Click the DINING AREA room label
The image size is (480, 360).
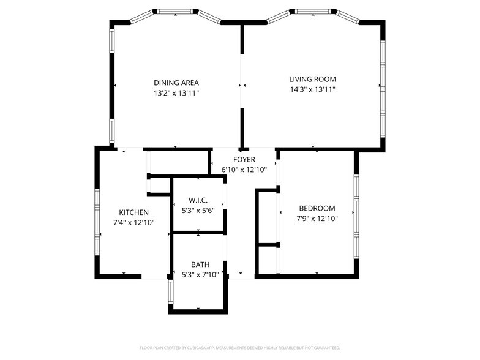tap(176, 83)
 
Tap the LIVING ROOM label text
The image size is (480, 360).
tap(312, 79)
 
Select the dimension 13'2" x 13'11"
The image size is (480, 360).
tap(176, 93)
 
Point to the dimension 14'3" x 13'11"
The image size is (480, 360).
tap(312, 89)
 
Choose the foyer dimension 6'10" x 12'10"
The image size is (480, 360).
tap(244, 170)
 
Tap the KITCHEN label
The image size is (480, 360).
tap(133, 212)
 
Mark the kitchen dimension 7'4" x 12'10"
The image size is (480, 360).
tap(133, 223)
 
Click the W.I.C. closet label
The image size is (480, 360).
tap(198, 200)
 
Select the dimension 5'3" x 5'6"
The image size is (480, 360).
tap(198, 211)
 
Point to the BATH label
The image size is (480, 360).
tap(200, 264)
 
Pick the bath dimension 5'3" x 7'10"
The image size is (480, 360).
tap(200, 275)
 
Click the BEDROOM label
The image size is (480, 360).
tap(317, 208)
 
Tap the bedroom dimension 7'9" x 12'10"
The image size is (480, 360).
tap(317, 218)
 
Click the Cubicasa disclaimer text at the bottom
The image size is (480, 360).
tap(239, 347)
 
